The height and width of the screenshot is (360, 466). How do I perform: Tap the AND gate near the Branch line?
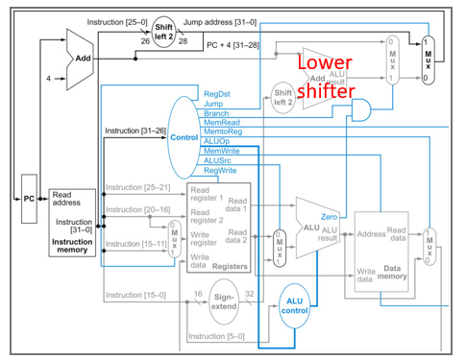362,112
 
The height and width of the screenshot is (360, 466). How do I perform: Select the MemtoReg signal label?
222,132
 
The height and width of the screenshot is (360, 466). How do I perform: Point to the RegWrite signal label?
221,170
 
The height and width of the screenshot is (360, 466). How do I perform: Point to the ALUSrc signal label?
219,160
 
